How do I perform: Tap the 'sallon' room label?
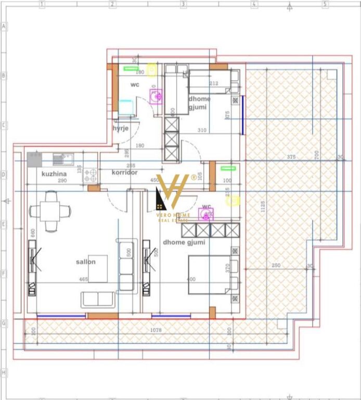pos(85,261)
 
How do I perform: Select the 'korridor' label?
pos(124,172)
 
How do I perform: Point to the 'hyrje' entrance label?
pos(121,128)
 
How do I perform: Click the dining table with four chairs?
pos(51,211)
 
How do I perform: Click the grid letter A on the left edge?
pos(4,26)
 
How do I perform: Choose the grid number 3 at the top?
pos(183,4)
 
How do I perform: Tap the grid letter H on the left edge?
pos(4,373)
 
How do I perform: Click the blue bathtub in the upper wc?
pos(126,107)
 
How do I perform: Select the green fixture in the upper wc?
pos(130,68)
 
